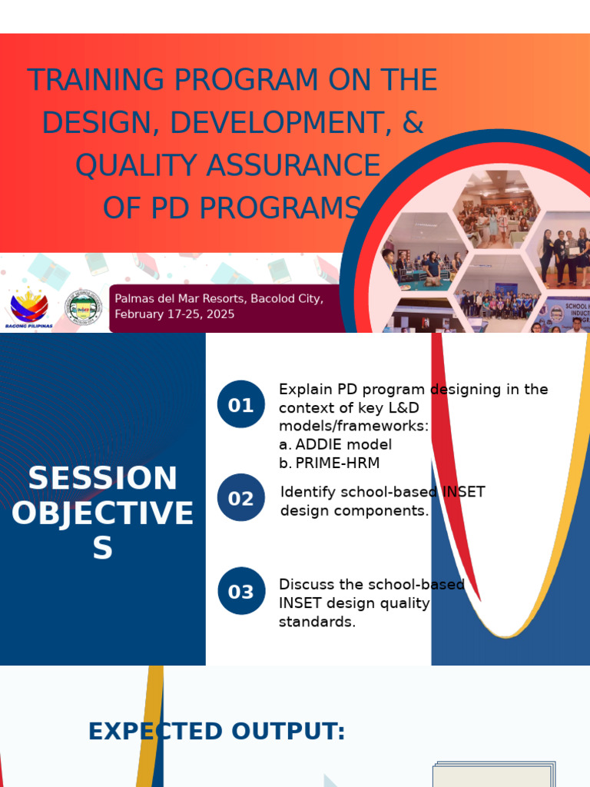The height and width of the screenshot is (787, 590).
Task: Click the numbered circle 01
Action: pos(240,404)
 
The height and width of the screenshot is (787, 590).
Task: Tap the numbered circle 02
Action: pos(240,498)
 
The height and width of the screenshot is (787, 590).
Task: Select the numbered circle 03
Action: pos(240,591)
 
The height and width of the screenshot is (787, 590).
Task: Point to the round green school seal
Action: pos(82,307)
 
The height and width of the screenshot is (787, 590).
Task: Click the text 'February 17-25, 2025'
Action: pos(174,314)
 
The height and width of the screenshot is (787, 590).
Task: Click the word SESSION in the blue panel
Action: pos(102,479)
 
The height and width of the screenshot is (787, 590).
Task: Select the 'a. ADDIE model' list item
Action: pos(335,444)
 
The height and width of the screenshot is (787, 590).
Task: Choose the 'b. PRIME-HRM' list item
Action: pos(329,463)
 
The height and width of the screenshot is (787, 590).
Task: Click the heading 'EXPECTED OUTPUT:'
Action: pos(217,731)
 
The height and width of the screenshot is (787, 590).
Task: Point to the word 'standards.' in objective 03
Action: pos(317,622)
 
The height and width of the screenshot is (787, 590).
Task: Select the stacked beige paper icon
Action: pos(493,774)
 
